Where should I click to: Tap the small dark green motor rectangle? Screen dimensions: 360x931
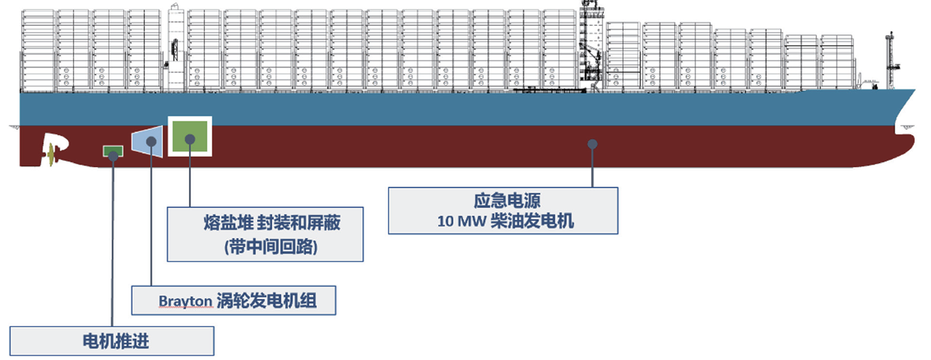112,151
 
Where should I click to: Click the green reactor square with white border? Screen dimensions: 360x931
190,136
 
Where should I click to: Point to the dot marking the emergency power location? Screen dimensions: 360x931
592,143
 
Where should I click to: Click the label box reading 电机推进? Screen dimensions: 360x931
112,341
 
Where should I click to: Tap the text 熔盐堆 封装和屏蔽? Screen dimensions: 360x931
272,223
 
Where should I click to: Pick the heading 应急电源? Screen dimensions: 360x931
504,201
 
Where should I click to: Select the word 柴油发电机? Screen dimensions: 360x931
532,222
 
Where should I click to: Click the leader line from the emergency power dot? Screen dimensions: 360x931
592,167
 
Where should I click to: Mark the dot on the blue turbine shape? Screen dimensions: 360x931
151,141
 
